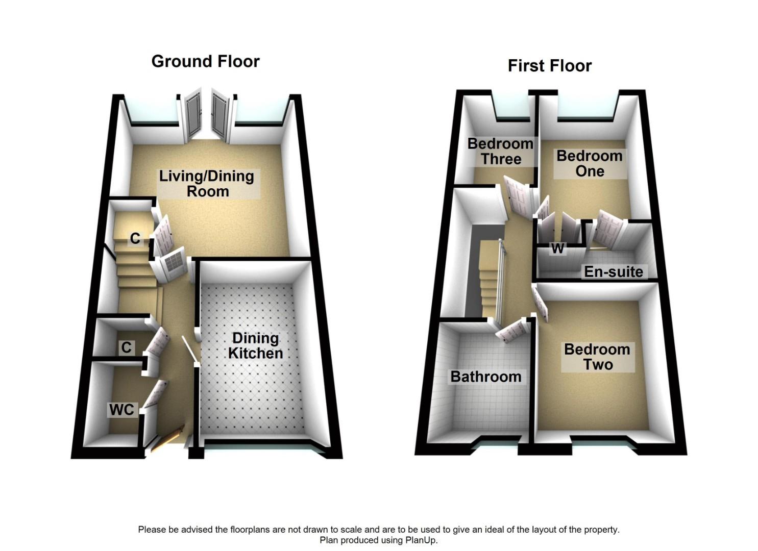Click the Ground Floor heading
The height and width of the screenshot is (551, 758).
(x=205, y=61)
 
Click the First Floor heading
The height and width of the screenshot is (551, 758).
(x=549, y=66)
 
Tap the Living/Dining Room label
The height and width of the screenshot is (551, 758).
(x=207, y=184)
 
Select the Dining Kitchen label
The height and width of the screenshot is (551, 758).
(x=255, y=345)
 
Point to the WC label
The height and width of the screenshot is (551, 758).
(x=121, y=409)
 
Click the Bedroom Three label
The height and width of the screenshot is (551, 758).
(x=500, y=152)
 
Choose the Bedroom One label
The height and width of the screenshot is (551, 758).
(x=589, y=163)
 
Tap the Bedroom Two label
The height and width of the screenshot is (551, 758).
(x=597, y=357)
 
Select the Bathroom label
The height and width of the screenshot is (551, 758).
(x=485, y=377)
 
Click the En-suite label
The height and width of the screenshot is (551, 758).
(x=613, y=271)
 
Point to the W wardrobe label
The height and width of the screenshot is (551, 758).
(x=557, y=248)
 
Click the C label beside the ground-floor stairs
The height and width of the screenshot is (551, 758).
(x=135, y=238)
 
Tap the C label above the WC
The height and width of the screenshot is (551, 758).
(x=126, y=347)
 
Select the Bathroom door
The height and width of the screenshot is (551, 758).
(x=512, y=331)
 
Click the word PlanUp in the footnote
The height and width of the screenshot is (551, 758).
(x=421, y=540)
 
